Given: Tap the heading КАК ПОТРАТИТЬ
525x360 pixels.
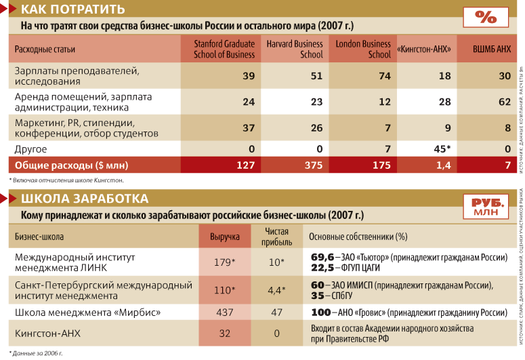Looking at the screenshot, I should pos(74,9).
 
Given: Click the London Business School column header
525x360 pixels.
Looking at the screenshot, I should pos(363,49).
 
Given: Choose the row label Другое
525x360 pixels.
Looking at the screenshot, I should pos(31,148).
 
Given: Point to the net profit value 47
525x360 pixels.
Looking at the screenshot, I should pos(274,313).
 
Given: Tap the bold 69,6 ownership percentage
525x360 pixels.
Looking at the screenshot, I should pos(322,257).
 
